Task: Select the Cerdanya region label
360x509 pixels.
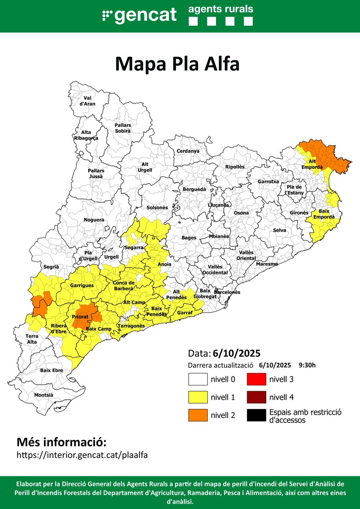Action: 188,151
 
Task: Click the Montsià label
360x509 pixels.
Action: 44,395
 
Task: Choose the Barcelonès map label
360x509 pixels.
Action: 227,292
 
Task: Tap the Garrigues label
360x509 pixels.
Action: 82,285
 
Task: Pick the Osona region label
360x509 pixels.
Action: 241,213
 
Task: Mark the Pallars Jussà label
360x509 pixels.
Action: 96,173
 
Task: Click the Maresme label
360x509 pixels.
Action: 267,264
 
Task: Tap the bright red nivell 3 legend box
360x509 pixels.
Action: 256,379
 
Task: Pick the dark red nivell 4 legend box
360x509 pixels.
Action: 256,397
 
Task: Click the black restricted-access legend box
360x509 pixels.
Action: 256,416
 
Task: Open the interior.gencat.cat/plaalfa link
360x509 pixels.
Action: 82,455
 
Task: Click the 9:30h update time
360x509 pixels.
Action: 307,365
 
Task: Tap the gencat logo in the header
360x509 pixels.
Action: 140,15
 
